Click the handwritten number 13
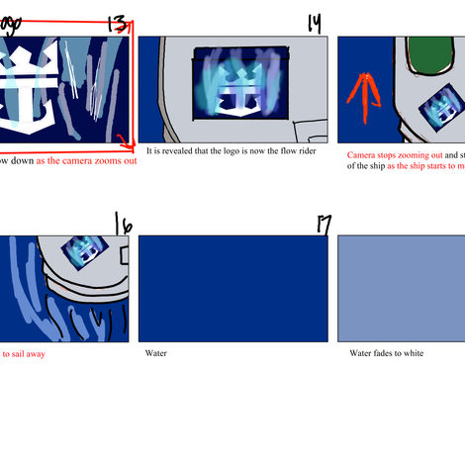[x=115, y=22]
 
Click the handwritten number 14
[x=315, y=22]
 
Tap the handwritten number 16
[x=122, y=224]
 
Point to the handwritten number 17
[x=323, y=226]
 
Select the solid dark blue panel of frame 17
[x=232, y=288]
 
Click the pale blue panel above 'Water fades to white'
[x=402, y=288]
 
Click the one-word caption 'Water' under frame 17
[x=156, y=353]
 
